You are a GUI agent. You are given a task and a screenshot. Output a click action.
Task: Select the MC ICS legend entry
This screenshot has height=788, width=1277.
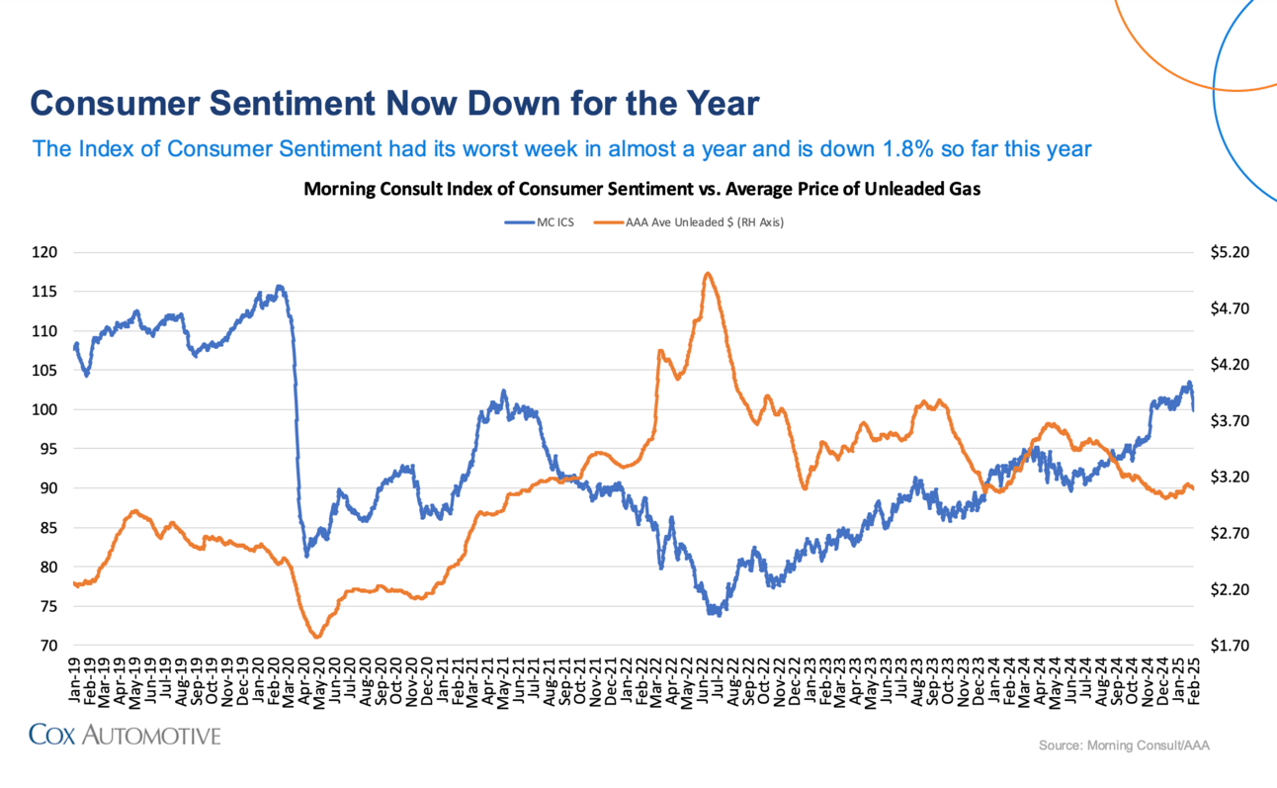[x=540, y=222]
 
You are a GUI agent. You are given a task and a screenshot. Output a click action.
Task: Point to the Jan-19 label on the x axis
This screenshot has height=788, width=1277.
[x=76, y=681]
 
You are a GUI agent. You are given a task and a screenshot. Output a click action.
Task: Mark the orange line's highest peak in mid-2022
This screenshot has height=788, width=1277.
[x=708, y=274]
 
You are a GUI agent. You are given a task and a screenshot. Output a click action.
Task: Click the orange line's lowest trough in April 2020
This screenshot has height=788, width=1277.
[x=316, y=637]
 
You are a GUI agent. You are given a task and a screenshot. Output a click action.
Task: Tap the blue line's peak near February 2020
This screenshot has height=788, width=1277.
[x=280, y=287]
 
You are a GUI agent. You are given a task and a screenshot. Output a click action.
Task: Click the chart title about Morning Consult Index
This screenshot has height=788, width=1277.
[x=641, y=189]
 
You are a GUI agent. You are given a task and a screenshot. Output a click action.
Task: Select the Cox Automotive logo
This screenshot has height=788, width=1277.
[x=125, y=735]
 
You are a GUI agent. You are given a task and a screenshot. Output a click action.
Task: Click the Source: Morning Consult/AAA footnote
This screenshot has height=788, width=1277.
[x=1124, y=744]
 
